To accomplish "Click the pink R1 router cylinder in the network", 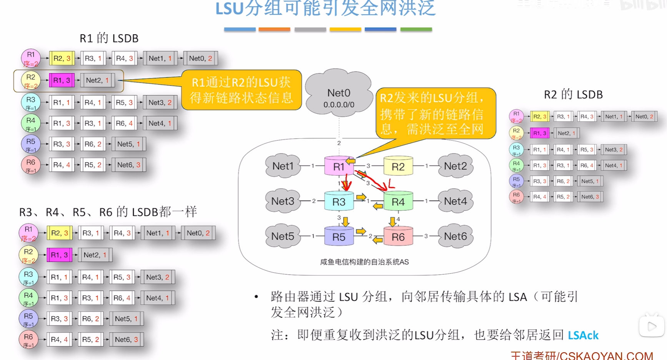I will coord(339,166).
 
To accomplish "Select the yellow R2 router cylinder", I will coord(398,166).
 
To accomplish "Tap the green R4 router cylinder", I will coord(398,201).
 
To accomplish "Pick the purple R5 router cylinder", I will coord(339,236).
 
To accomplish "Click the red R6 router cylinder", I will coord(398,236).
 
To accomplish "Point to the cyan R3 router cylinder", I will coord(339,201).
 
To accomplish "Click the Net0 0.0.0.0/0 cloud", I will coord(339,94).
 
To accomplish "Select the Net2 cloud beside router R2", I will coord(455,166).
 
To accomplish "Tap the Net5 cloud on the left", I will coord(283,236).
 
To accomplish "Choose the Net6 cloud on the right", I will coord(455,236).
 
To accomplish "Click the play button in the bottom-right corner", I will coord(652,327).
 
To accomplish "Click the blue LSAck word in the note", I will coord(583,335).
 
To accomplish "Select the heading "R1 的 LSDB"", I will coord(109,38).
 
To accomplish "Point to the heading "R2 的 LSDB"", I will coord(573,95).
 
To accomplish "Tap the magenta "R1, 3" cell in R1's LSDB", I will coord(62,80).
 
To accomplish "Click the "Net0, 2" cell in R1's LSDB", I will coord(200,58).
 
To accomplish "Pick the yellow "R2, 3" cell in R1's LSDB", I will coord(62,58).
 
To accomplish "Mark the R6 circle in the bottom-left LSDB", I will coord(28,339).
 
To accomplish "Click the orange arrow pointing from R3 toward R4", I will coord(361,197).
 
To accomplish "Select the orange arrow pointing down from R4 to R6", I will coord(392,222).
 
